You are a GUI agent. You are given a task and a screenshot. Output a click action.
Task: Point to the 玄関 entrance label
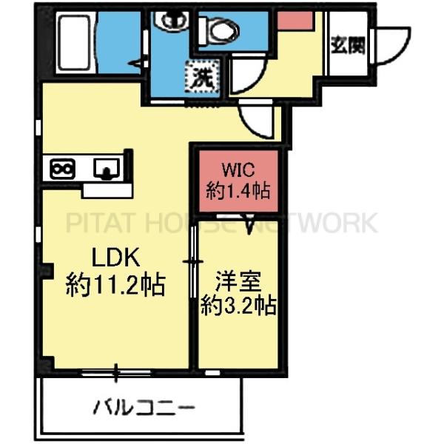348,45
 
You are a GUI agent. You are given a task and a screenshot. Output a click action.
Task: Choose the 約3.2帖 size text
238,305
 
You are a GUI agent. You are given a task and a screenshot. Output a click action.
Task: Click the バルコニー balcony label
144,408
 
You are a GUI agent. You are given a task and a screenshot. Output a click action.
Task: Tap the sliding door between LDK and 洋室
193,262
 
